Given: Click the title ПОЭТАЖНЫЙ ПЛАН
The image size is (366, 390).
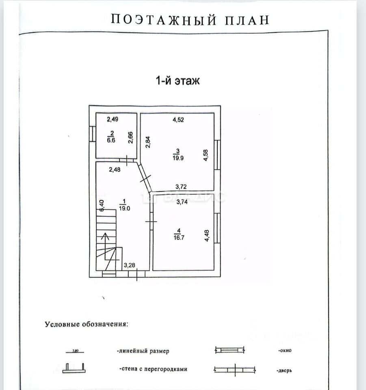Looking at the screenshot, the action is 190,20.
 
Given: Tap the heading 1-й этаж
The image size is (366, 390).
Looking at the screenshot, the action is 178,80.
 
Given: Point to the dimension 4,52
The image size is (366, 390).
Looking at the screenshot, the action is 179,120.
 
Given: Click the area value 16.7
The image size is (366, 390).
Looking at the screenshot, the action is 178,237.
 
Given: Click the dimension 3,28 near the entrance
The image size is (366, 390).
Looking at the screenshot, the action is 130,266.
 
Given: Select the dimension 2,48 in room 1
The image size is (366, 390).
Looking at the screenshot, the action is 115,170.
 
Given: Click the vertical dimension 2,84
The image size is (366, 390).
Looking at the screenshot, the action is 148,142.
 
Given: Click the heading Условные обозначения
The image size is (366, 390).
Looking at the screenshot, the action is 86,324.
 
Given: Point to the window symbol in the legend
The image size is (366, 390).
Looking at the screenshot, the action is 229,350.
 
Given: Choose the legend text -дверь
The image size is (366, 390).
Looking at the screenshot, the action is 285,370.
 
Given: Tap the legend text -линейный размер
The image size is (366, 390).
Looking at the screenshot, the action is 143,351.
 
